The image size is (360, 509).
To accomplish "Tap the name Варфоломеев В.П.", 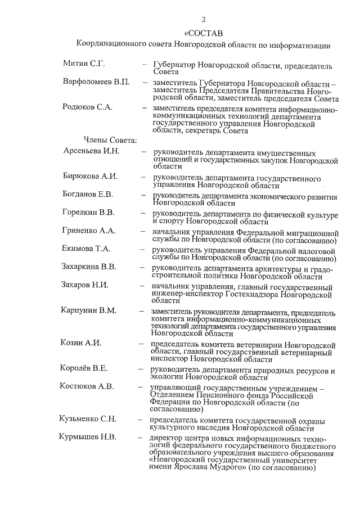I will [96, 82].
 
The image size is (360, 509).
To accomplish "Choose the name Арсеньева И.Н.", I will [91, 151].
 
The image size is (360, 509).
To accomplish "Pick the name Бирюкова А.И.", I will [90, 176].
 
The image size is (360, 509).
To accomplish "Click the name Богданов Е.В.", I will [88, 194].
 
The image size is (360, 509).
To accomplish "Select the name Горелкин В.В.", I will [88, 212].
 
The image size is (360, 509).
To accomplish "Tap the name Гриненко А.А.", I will [88, 230].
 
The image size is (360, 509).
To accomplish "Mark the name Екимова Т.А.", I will [86, 248].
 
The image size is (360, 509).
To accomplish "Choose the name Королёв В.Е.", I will [84, 368].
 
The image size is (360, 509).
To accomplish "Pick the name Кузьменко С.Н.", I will [88, 418].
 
